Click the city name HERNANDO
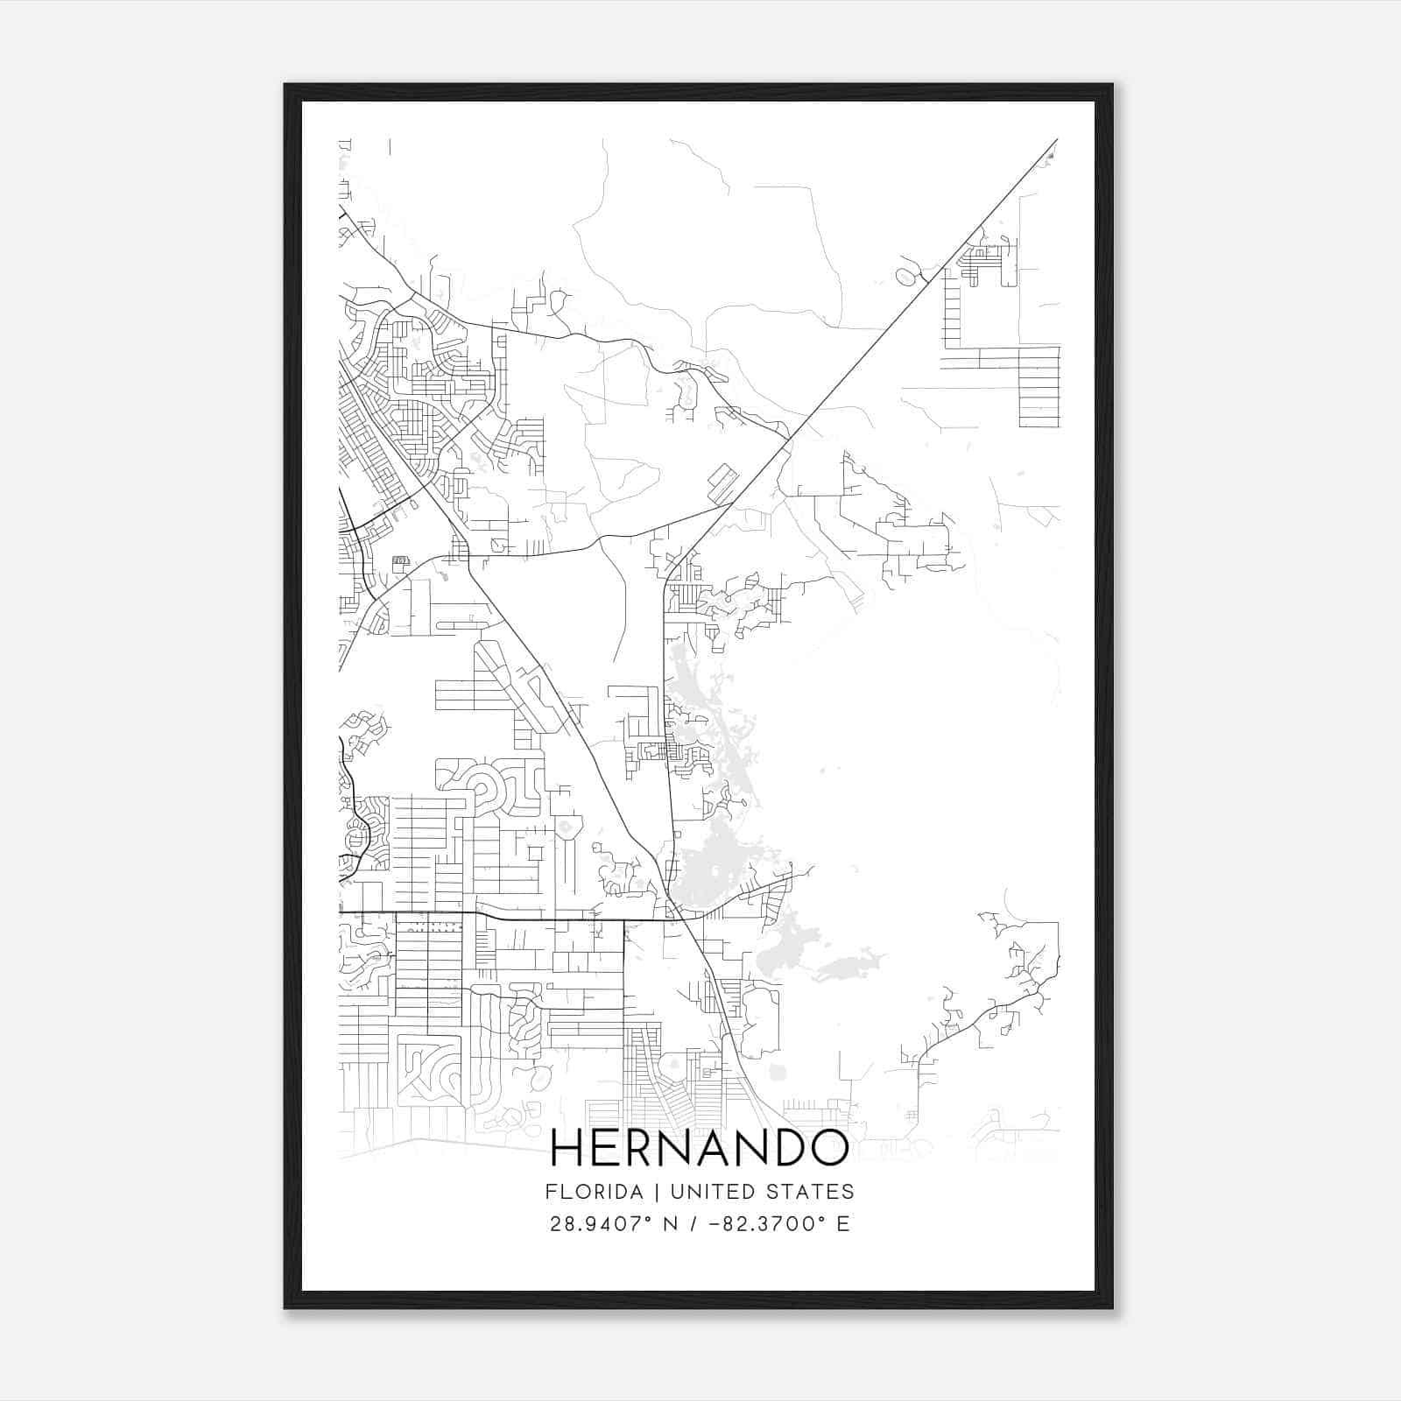point(700,1148)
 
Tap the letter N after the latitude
point(671,1224)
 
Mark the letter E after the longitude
point(842,1224)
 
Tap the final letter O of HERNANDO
point(827,1148)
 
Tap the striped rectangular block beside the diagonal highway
point(722,479)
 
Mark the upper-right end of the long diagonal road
point(1056,140)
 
